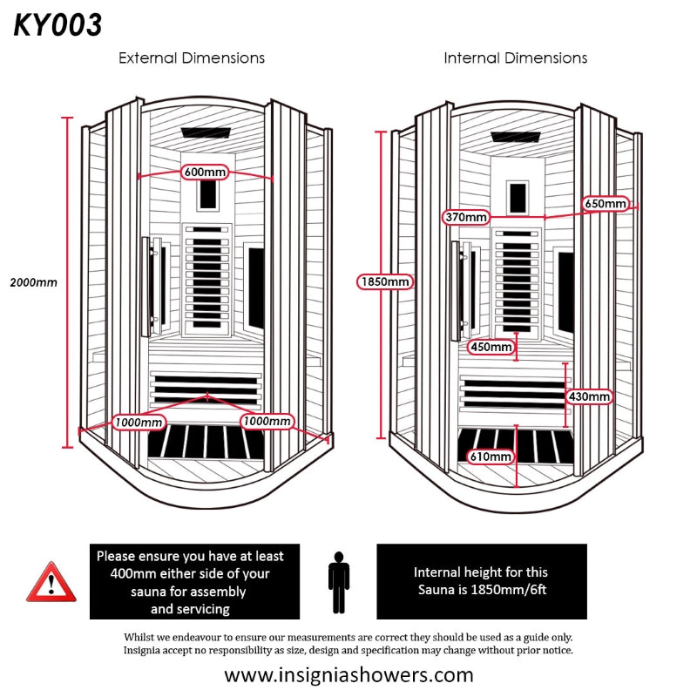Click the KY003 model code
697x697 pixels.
coord(58,25)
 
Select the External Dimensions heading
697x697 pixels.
coord(192,58)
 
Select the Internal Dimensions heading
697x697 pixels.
coord(516,58)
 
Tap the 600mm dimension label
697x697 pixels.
coord(205,172)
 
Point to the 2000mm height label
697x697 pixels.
coord(33,282)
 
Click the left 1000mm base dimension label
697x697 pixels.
coord(139,423)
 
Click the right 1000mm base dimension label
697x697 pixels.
coord(266,422)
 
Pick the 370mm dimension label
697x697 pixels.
coord(465,216)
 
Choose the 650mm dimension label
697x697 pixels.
coord(606,204)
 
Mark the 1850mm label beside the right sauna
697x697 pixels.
coord(384,281)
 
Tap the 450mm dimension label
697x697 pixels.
coord(491,347)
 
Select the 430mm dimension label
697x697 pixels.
coord(590,396)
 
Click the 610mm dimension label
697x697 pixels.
coord(490,457)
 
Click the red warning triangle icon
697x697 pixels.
coord(51,582)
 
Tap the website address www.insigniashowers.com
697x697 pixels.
coord(348,674)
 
